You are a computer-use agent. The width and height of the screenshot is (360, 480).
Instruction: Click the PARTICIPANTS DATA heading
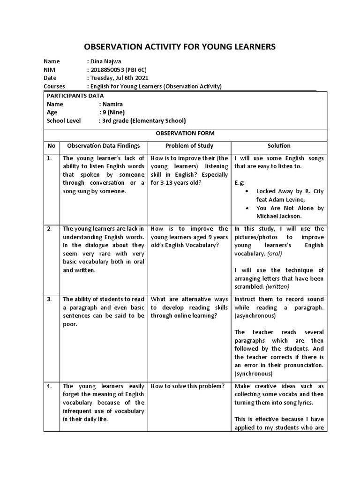(x=75, y=95)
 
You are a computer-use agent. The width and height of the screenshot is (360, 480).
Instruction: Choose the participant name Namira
(x=113, y=104)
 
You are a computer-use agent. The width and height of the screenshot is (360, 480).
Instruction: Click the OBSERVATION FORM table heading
(x=185, y=133)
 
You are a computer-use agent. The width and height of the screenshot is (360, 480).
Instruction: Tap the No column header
(x=51, y=146)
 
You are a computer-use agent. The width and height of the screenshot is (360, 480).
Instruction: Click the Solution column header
(x=279, y=146)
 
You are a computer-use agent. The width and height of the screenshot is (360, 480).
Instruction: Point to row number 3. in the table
(x=50, y=299)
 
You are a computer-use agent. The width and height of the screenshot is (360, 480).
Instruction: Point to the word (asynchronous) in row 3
(x=255, y=316)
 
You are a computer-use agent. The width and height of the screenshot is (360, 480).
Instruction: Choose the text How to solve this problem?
(x=187, y=386)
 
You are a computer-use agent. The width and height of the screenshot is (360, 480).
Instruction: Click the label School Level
(x=64, y=120)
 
